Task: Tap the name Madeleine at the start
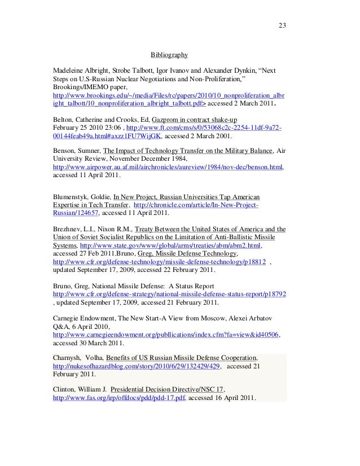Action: pos(69,73)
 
